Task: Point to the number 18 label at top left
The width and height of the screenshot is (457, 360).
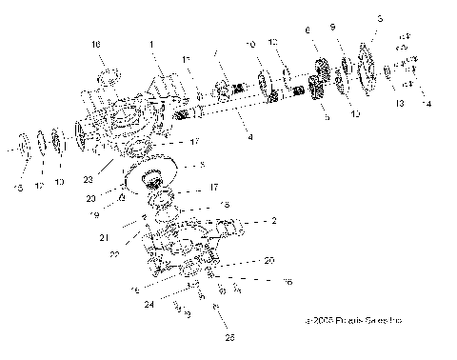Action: (95, 45)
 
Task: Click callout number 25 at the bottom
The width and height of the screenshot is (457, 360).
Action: (227, 337)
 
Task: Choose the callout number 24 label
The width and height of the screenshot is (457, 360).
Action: (149, 304)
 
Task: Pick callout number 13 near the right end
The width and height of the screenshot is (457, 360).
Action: (399, 102)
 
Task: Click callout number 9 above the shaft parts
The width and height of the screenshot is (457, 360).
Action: (333, 53)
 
